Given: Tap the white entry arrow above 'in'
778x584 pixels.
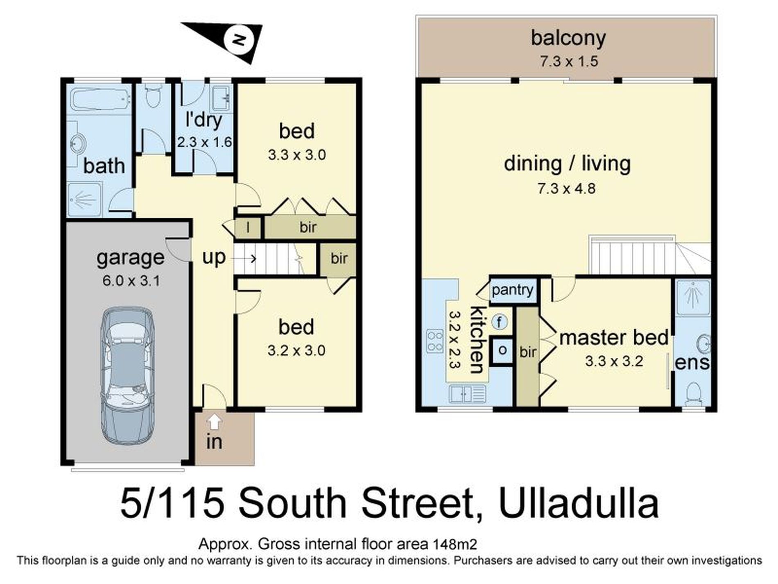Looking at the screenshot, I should coord(215,421).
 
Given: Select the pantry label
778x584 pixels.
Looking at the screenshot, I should coord(513,291).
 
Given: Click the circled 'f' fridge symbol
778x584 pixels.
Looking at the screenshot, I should coord(499,322).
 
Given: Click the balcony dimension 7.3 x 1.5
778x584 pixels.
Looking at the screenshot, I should coord(568,62).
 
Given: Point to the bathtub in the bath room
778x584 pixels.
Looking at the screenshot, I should coord(100,100).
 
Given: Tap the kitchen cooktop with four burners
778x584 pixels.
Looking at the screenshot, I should coord(435,341).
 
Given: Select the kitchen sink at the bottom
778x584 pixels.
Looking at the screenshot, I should coord(467,394).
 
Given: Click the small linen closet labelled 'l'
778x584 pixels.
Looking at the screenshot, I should coord(248,227).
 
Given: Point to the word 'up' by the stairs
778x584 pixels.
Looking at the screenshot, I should coord(214,258).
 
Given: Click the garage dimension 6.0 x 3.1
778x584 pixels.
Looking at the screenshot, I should coord(131,281).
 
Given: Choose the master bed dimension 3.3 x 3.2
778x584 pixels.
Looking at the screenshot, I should coord(614,361).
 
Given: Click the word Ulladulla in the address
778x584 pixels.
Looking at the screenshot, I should coord(579,504).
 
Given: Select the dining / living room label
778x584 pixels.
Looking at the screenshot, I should coord(567,164).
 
